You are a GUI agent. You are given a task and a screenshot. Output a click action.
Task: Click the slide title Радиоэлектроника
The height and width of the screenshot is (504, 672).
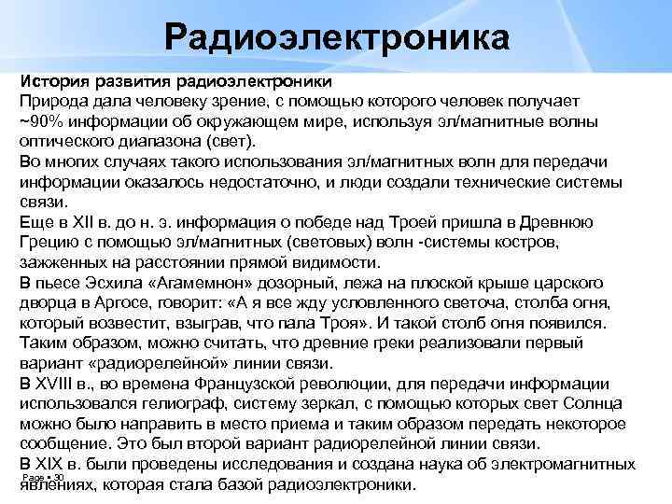336,38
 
